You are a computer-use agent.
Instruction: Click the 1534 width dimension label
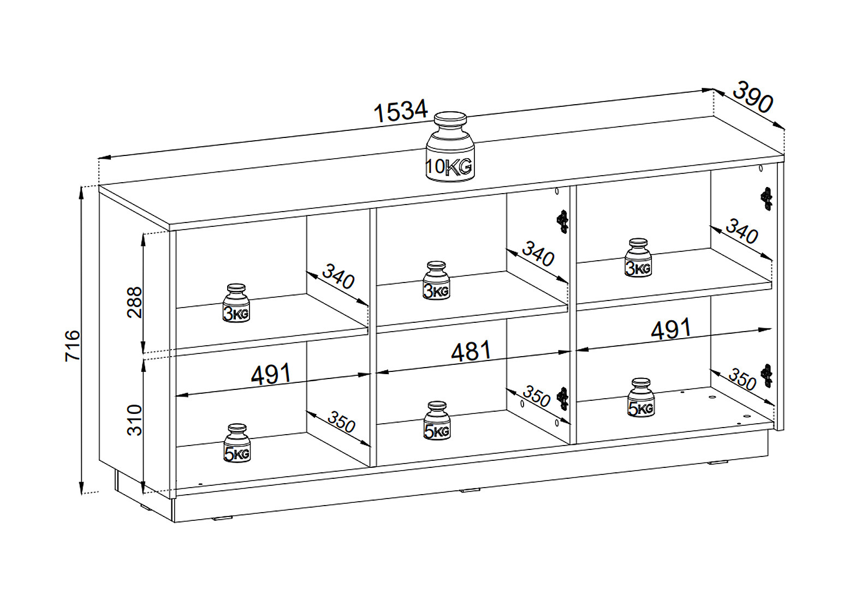(401, 111)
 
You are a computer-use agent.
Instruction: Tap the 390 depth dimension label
(752, 97)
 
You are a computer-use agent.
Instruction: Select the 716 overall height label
(73, 345)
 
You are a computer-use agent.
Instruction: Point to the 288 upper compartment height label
(134, 302)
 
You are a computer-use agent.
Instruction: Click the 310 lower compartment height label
(134, 420)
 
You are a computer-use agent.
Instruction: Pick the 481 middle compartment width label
(471, 352)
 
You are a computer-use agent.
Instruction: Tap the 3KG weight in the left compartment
(236, 303)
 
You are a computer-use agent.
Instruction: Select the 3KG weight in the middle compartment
(436, 280)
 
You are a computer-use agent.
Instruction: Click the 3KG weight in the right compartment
(638, 257)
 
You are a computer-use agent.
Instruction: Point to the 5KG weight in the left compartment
(237, 443)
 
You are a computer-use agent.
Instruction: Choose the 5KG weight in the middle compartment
(437, 420)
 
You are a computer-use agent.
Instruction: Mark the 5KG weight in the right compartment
(641, 398)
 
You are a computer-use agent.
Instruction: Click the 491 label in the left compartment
(271, 374)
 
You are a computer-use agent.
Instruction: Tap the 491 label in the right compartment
(671, 329)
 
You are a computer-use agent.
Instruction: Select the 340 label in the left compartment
(338, 277)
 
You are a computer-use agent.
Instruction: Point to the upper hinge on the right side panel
(767, 199)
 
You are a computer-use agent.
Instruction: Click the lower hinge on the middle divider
(563, 398)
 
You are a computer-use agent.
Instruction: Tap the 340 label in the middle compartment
(538, 254)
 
